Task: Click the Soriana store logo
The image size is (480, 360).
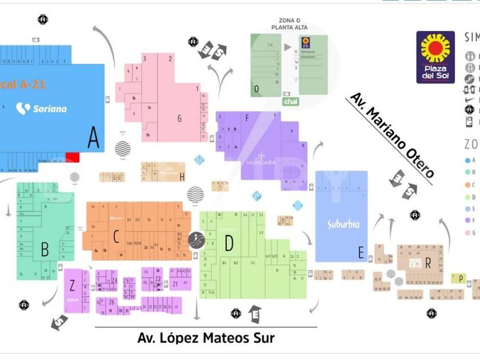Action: [41, 108]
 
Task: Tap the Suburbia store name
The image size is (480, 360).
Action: [343, 224]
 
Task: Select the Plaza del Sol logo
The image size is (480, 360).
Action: [435, 57]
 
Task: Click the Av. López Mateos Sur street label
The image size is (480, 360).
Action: [206, 338]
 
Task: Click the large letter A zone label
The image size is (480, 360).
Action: [93, 137]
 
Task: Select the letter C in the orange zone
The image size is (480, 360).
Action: [116, 236]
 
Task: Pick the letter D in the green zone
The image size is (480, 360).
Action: [229, 243]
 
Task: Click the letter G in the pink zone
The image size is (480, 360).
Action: [179, 119]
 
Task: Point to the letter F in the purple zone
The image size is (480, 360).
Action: [247, 119]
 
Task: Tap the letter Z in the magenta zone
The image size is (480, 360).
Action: [72, 285]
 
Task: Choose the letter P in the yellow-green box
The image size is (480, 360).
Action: [459, 278]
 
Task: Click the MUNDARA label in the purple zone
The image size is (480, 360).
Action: [261, 162]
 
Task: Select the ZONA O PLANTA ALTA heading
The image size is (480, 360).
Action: [290, 23]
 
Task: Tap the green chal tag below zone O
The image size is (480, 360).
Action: [290, 101]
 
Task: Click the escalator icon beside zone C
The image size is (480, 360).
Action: [195, 240]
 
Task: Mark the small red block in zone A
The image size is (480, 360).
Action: [73, 157]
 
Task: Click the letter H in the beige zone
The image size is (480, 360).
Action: [182, 177]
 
